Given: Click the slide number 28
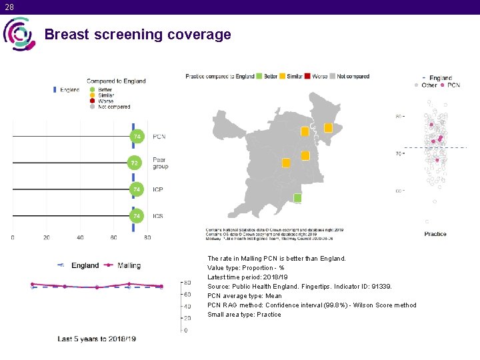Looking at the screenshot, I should (9, 7).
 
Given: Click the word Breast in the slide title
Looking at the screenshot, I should (67, 35).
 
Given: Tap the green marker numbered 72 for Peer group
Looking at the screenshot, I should (135, 163).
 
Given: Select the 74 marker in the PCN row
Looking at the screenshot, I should (137, 137).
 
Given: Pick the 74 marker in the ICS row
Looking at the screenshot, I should (136, 216).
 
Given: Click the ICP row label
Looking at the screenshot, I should (157, 190).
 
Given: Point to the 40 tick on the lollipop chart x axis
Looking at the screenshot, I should (80, 237).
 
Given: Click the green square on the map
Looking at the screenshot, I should (297, 198).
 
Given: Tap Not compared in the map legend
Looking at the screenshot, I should (353, 77).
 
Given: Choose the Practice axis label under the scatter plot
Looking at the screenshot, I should (435, 234).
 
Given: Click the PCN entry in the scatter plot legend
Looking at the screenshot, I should (453, 85).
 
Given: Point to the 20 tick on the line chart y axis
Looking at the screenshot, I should (187, 318).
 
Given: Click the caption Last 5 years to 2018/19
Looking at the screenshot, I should (97, 339).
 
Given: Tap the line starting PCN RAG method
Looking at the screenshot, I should (311, 305).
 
